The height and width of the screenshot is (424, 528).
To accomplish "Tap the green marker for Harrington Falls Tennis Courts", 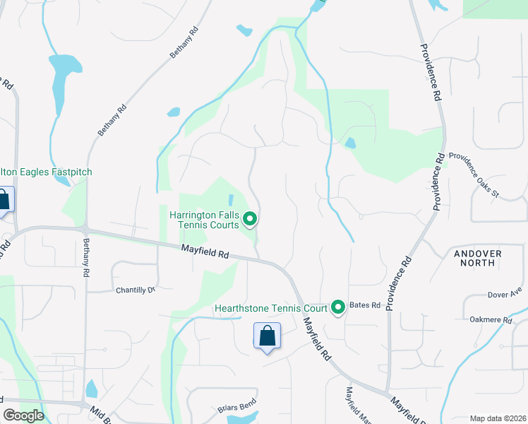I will [249, 220].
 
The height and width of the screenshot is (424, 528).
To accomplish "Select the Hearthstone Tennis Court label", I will [271, 308].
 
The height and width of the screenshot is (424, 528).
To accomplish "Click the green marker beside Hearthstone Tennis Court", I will [338, 307].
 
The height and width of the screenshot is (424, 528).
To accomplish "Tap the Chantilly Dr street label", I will [134, 290].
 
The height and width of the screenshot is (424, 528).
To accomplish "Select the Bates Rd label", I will [365, 305].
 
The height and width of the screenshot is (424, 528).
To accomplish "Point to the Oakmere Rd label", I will [491, 320].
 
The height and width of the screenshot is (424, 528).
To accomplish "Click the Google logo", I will [23, 416].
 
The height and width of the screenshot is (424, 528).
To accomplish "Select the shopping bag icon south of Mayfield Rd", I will [267, 336].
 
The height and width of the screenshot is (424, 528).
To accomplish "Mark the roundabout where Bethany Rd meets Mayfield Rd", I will [85, 230].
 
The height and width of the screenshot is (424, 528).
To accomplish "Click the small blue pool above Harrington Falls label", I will [231, 201].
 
